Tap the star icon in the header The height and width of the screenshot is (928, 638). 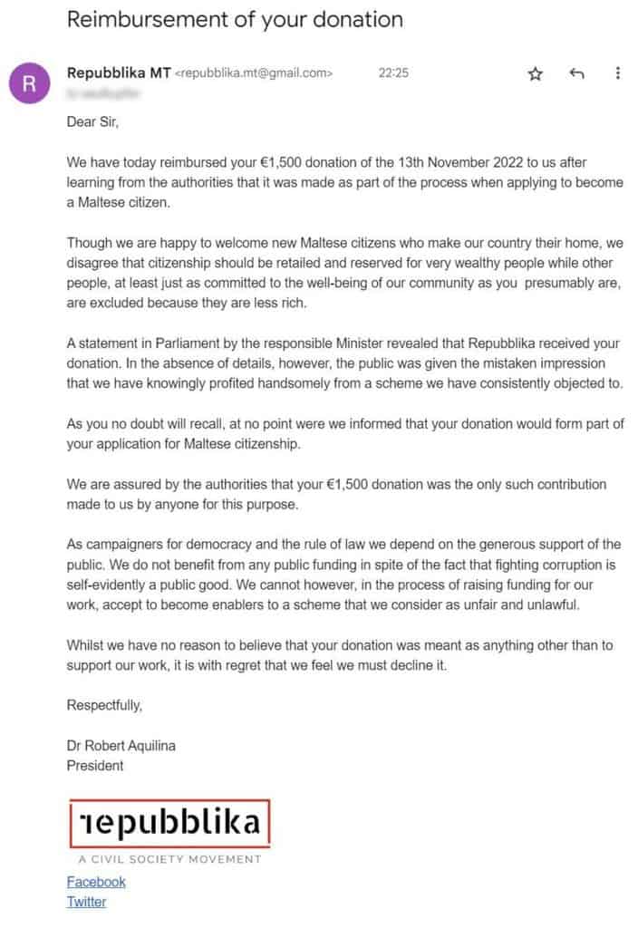[x=535, y=74]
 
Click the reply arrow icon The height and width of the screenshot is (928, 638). [x=576, y=73]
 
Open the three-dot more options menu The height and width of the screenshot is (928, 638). [x=618, y=73]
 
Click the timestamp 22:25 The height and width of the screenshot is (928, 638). [x=393, y=73]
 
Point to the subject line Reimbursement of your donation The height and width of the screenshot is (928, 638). [x=235, y=19]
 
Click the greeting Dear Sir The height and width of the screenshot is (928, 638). [x=92, y=123]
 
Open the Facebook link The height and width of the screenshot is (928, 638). [x=96, y=882]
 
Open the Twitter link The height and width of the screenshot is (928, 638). [x=86, y=902]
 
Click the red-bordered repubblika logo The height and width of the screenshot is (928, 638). [x=169, y=823]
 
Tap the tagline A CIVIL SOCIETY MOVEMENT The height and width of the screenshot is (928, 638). [x=169, y=859]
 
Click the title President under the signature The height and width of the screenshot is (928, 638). [x=95, y=766]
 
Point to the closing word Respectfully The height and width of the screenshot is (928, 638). [x=104, y=705]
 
